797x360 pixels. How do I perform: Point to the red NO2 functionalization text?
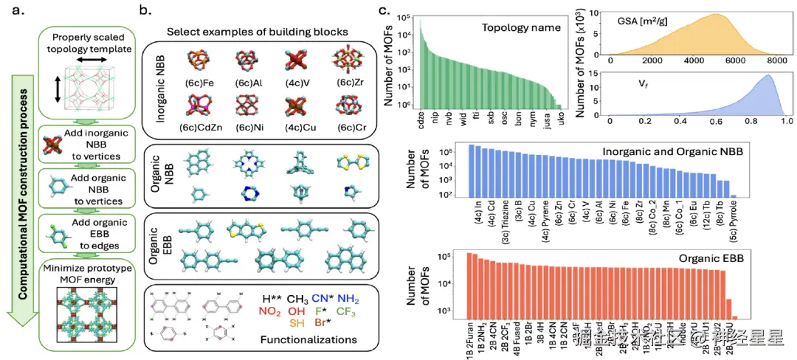point(272,313)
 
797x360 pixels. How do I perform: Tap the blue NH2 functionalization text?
point(349,298)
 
